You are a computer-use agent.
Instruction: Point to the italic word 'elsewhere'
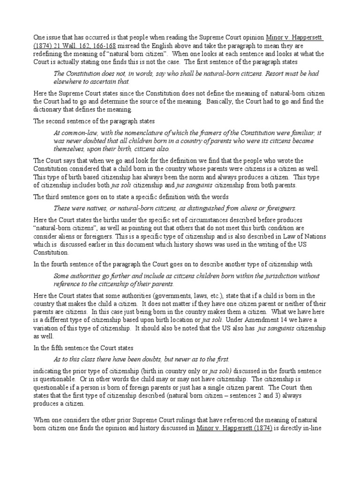point(69,81)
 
